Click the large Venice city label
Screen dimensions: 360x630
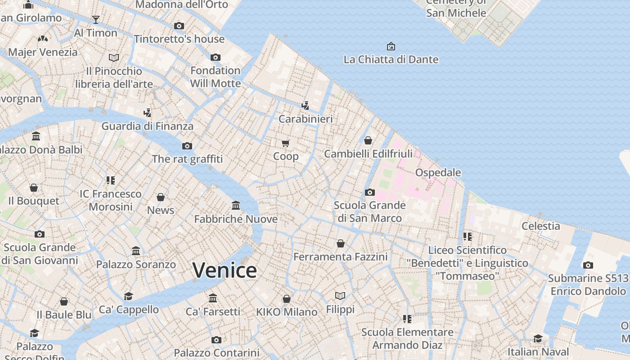pyautogui.click(x=225, y=270)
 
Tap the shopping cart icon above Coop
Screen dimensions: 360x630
pyautogui.click(x=286, y=144)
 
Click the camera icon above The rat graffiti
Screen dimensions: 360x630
pyautogui.click(x=187, y=146)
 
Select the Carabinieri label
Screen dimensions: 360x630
pyautogui.click(x=306, y=119)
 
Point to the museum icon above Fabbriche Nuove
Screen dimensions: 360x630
pyautogui.click(x=236, y=206)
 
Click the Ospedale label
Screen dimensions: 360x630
pyautogui.click(x=438, y=172)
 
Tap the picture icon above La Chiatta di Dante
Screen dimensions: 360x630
pyautogui.click(x=391, y=46)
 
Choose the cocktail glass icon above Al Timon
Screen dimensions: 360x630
pyautogui.click(x=96, y=20)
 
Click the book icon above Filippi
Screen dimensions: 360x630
pyautogui.click(x=340, y=296)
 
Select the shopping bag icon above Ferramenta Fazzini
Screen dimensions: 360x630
pyautogui.click(x=341, y=243)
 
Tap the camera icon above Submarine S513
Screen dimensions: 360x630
pyautogui.click(x=588, y=265)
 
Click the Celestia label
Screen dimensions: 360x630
pyautogui.click(x=540, y=226)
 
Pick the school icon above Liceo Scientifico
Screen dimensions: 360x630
pyautogui.click(x=468, y=236)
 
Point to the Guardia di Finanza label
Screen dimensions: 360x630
pyautogui.click(x=147, y=126)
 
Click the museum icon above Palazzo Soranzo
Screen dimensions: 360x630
pyautogui.click(x=136, y=251)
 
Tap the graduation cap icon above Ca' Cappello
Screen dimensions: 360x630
pyautogui.click(x=129, y=296)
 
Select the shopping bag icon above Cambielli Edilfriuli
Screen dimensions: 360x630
pyautogui.click(x=368, y=140)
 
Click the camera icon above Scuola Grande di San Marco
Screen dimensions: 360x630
pyautogui.click(x=369, y=192)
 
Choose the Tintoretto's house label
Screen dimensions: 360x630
pyautogui.click(x=179, y=39)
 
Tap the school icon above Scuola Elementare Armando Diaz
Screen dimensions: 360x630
pyautogui.click(x=407, y=319)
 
